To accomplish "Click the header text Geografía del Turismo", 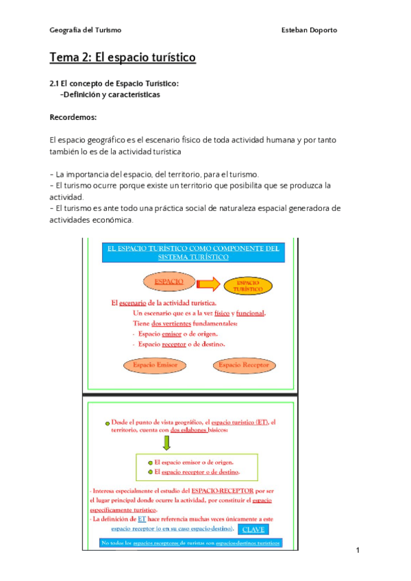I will tap(86, 30).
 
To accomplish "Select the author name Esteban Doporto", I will tap(310, 30).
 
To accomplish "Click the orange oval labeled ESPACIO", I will tap(169, 282).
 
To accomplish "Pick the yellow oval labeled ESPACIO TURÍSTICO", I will tap(250, 285).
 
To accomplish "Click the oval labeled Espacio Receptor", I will tap(244, 365).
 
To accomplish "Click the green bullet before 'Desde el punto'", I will tap(107, 423).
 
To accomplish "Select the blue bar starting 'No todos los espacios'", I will tap(190, 543).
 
